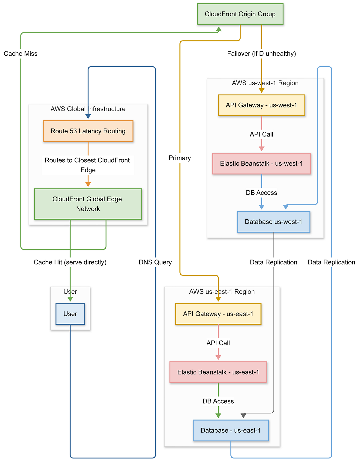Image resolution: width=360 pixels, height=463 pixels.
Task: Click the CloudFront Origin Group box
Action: [x=240, y=14]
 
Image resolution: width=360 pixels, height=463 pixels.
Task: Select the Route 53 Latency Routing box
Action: [x=88, y=131]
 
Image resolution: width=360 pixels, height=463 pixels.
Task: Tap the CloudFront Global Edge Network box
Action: [x=88, y=204]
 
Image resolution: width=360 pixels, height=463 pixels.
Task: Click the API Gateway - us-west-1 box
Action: [x=261, y=105]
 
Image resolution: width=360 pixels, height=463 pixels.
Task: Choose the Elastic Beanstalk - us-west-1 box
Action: [x=261, y=164]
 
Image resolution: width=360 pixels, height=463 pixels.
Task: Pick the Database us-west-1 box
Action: [x=273, y=222]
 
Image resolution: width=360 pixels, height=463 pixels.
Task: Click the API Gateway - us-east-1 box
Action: [x=218, y=314]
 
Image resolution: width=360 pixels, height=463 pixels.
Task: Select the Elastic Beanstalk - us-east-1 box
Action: [x=218, y=372]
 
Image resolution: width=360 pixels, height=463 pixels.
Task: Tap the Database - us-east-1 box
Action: [x=230, y=430]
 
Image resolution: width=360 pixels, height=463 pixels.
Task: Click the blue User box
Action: [x=70, y=314]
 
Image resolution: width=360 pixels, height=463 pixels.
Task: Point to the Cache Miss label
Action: [x=21, y=54]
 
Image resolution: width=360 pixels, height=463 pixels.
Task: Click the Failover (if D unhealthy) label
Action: [x=261, y=54]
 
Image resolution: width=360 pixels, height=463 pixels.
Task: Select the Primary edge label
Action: [x=180, y=158]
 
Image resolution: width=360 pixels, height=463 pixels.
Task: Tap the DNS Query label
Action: [x=155, y=262]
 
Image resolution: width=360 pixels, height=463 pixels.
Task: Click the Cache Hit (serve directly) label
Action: [x=70, y=262]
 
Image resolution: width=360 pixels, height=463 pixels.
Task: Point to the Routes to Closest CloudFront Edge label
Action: [x=88, y=165]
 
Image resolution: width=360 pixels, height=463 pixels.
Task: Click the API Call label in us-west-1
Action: [x=261, y=134]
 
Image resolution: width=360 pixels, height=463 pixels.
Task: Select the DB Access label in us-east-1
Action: [x=218, y=401]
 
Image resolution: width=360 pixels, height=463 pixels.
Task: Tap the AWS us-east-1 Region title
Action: [x=222, y=292]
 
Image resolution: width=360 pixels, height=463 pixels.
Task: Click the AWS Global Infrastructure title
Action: [x=88, y=109]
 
